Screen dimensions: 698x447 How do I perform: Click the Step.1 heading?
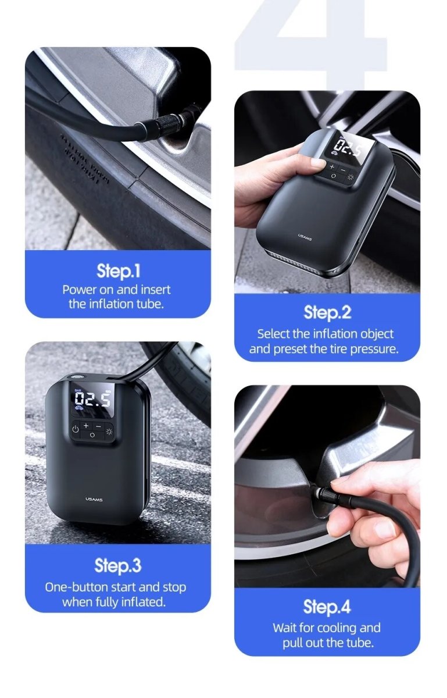(x=118, y=271)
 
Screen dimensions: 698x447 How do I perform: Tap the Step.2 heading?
(x=327, y=313)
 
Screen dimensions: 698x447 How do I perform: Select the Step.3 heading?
(x=118, y=565)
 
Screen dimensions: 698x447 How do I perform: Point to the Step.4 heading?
(x=327, y=607)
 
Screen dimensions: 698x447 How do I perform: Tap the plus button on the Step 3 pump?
(x=86, y=426)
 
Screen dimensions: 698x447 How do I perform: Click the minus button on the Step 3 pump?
(x=98, y=426)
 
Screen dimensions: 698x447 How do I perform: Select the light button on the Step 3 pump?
(x=110, y=430)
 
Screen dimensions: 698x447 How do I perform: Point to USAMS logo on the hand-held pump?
(x=305, y=236)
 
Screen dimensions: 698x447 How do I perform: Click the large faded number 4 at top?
(x=311, y=41)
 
